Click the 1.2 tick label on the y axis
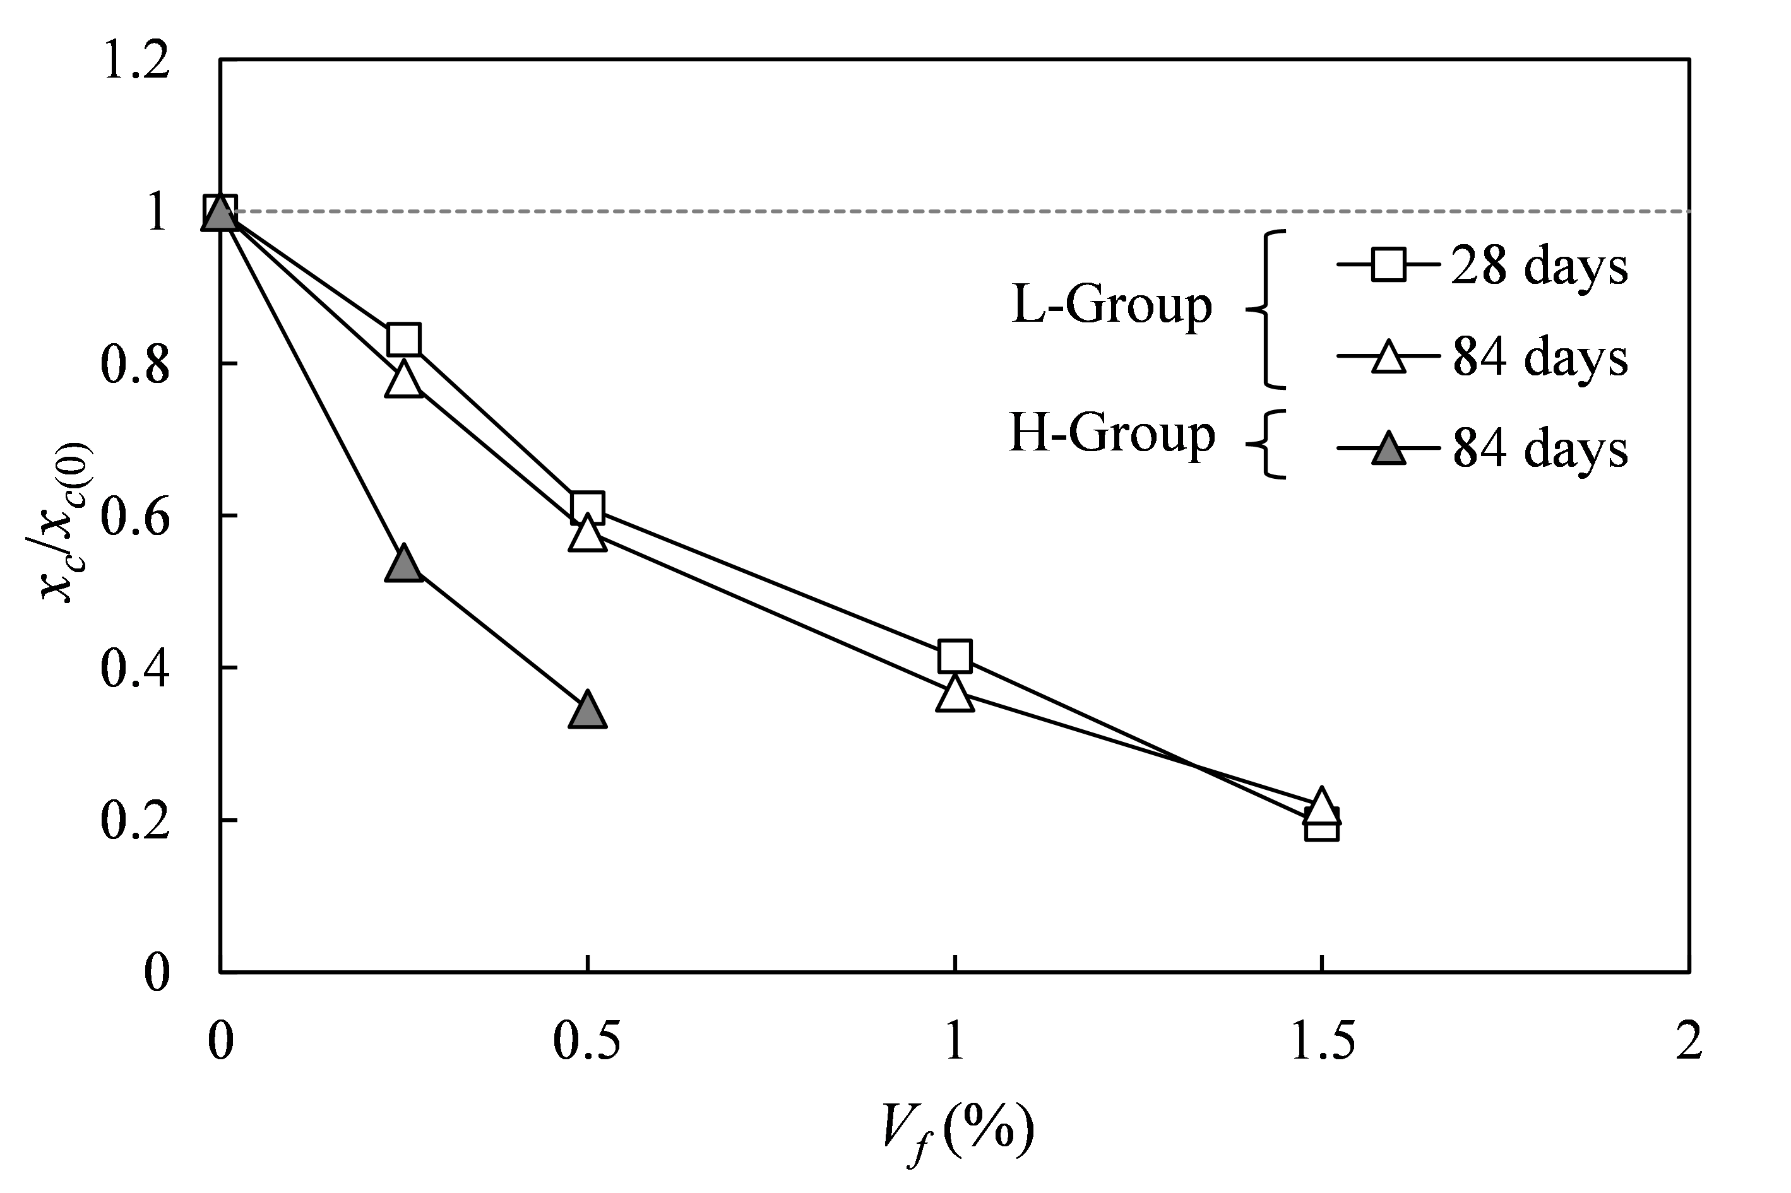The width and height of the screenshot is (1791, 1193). point(136,61)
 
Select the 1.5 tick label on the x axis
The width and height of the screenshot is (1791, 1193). point(1323,1041)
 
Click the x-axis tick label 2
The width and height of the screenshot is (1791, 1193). point(1688,1041)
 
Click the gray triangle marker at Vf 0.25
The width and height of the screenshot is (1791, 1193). point(403,565)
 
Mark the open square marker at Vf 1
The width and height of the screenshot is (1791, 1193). point(955,655)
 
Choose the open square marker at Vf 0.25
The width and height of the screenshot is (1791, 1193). point(403,339)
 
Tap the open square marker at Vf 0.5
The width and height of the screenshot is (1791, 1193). point(587,507)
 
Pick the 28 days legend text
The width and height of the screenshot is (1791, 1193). point(1539,266)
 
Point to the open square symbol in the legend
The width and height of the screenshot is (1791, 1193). point(1388,266)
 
